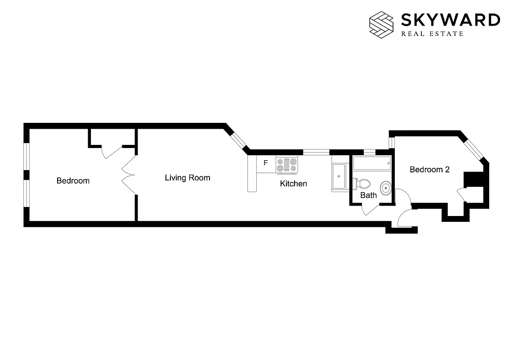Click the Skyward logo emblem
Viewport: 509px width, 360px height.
[x=381, y=23]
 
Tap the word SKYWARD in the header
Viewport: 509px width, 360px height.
[x=450, y=20]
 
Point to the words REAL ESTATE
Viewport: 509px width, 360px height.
[x=432, y=34]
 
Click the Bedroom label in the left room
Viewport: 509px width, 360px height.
[x=73, y=181]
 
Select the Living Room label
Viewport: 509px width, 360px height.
[x=188, y=178]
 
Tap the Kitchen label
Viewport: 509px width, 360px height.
[x=294, y=184]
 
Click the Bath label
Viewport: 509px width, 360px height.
[x=369, y=195]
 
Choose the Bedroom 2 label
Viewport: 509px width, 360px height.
[x=429, y=170]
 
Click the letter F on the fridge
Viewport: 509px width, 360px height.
[x=266, y=163]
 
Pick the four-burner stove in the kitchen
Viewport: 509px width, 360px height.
[x=287, y=164]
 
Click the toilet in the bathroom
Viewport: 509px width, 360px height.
[x=362, y=184]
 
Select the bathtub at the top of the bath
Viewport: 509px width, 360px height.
[x=371, y=163]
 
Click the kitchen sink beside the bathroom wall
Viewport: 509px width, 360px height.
[x=339, y=176]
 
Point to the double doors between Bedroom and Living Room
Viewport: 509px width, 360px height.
[x=129, y=175]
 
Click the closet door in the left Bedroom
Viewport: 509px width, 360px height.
[x=112, y=152]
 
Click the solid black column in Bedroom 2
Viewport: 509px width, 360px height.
[x=473, y=179]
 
